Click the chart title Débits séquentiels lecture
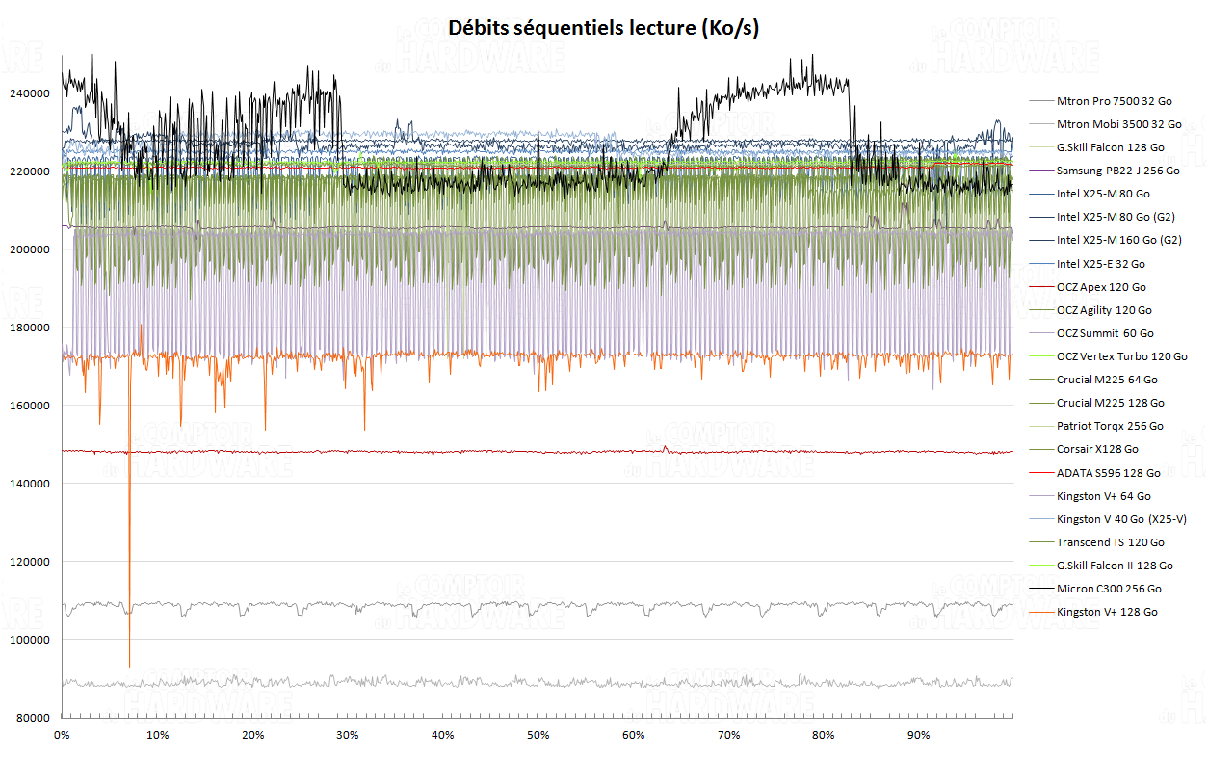tap(604, 29)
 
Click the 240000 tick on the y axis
tap(30, 93)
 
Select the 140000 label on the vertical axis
tap(30, 484)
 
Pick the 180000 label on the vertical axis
tap(30, 328)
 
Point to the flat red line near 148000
tap(482, 451)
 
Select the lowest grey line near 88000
tap(482, 683)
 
